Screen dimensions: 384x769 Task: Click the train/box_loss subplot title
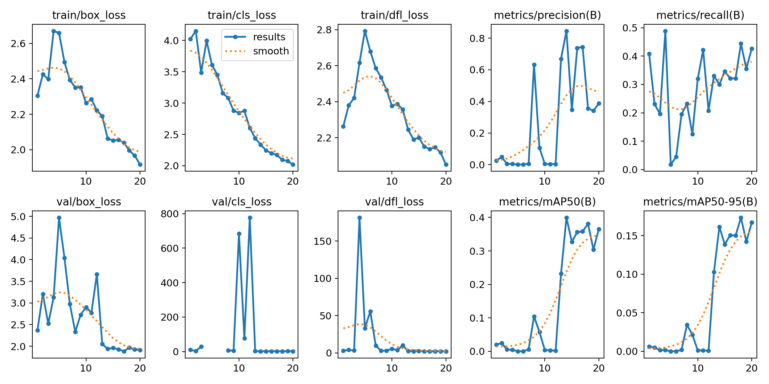tap(89, 15)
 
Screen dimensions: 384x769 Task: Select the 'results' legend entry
tap(269, 37)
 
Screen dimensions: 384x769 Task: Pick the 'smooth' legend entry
tap(271, 51)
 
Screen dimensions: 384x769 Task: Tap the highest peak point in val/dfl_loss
tap(360, 218)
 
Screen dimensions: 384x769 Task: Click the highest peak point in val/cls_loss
tap(250, 218)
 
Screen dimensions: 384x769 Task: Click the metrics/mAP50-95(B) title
tap(700, 202)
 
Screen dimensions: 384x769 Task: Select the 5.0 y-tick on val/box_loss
tap(18, 217)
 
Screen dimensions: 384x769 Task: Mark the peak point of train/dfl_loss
tap(365, 31)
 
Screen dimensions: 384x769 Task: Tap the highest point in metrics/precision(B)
tap(566, 31)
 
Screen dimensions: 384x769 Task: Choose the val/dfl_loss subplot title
tap(394, 202)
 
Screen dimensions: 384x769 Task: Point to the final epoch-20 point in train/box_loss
tap(140, 164)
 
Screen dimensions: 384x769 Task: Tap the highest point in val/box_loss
tap(59, 218)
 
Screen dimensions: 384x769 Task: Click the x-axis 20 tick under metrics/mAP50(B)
tap(599, 368)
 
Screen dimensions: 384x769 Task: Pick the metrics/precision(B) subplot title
tap(547, 15)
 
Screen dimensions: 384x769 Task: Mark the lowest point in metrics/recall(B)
tap(671, 164)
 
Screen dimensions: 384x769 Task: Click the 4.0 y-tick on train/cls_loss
tap(171, 41)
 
